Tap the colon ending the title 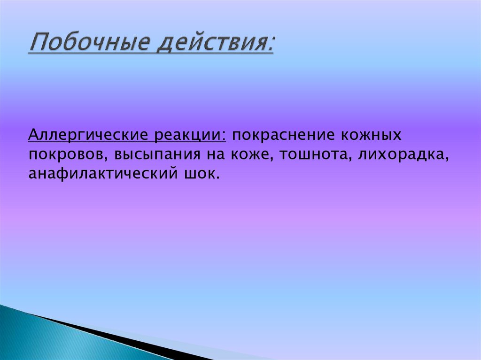point(271,47)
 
